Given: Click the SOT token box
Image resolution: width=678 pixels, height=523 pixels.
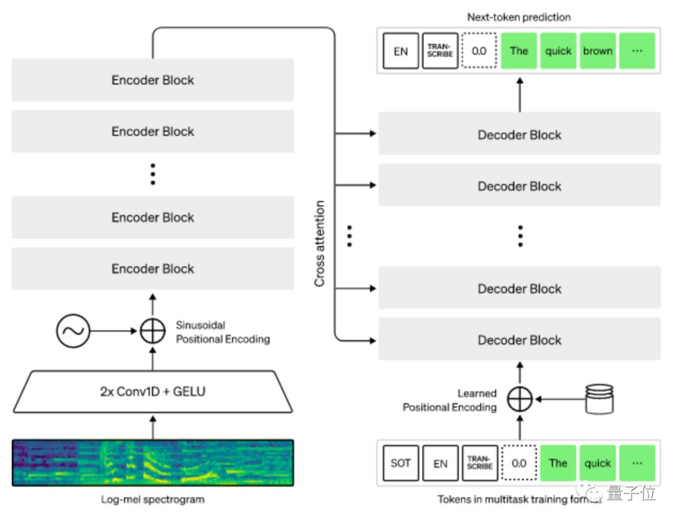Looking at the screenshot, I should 401,463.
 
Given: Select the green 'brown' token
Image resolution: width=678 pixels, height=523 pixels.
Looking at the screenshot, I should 598,51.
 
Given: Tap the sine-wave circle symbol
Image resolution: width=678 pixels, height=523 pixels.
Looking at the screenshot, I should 73,331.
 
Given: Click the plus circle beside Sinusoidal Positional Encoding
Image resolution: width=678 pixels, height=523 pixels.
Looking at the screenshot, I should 152,331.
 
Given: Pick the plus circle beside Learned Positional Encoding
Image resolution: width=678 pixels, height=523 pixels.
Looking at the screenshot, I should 520,399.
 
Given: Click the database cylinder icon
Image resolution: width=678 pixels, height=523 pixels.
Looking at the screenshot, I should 599,399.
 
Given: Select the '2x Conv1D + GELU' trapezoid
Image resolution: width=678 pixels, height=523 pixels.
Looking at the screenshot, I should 153,392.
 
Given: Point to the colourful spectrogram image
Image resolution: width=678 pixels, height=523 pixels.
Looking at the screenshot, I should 153,463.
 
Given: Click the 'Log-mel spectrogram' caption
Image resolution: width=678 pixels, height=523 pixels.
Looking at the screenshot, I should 153,500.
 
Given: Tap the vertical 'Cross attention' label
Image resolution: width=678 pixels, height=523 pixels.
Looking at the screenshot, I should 320,244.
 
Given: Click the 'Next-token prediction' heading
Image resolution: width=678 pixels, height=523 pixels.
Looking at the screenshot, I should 519,17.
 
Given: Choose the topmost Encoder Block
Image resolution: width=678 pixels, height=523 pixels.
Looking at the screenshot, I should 153,80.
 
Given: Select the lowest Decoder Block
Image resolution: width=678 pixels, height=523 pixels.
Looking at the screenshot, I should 519,340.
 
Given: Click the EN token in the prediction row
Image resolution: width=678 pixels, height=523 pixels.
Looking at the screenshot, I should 401,51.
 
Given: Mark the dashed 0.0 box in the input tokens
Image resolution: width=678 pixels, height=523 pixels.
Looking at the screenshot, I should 519,463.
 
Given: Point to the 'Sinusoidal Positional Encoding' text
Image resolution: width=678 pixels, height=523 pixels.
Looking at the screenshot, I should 222,332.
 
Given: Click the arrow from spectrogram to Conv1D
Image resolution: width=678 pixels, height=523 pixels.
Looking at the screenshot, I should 152,426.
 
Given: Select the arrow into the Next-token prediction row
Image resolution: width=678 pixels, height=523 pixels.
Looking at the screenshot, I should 520,94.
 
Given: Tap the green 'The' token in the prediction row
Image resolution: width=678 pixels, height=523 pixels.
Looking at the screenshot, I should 519,51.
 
